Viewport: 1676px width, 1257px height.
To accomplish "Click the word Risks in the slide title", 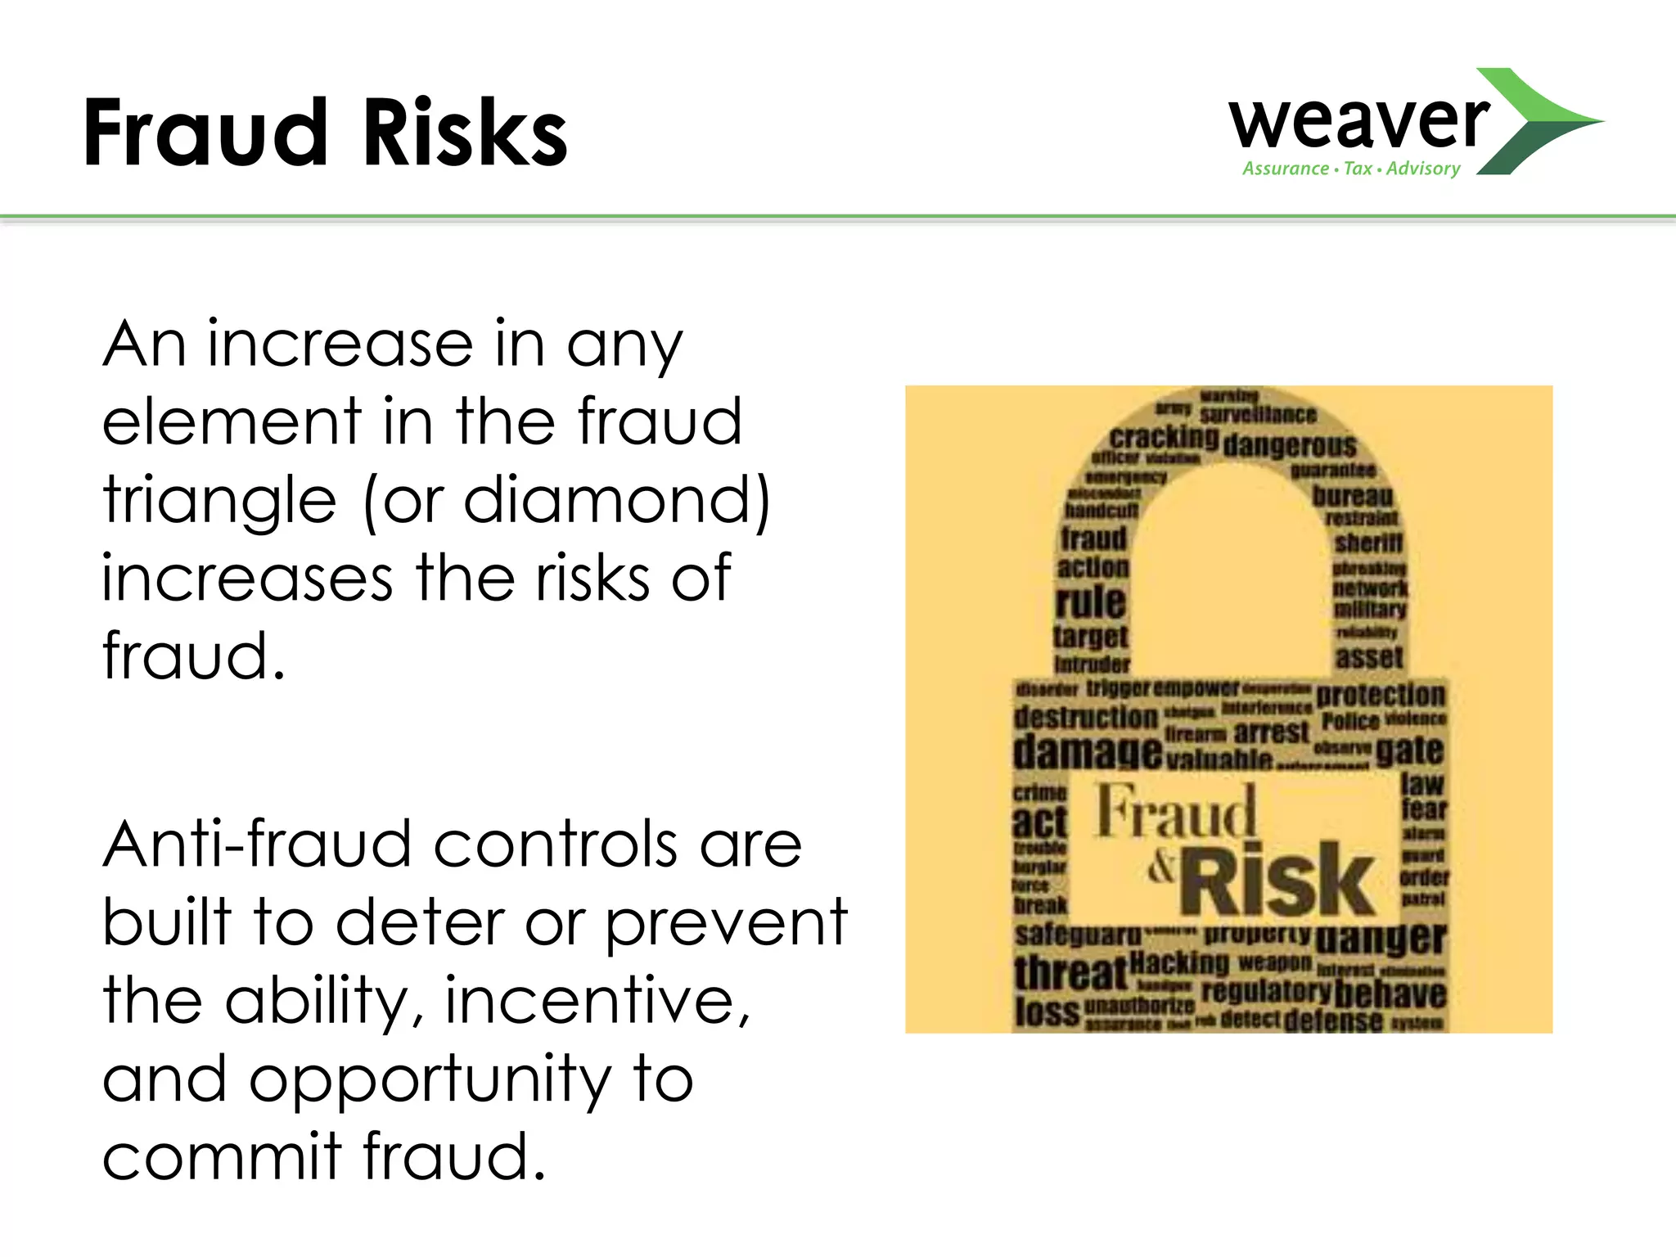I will click(464, 133).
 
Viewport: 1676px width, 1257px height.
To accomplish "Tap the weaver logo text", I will click(1358, 123).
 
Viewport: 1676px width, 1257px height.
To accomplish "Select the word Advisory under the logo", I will click(1423, 169).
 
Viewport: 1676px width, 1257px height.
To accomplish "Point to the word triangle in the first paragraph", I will click(219, 501).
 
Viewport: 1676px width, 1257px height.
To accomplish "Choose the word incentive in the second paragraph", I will click(596, 1002).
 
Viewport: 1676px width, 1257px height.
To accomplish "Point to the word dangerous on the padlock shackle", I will click(1290, 446).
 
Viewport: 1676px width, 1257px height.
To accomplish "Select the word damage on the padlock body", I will click(1087, 751).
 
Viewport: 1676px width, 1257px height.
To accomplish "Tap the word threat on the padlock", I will click(1070, 974).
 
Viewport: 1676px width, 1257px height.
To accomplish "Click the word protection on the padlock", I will click(1381, 695).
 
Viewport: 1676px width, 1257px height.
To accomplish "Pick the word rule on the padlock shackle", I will click(1091, 603).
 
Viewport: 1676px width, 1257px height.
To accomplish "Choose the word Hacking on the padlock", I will click(1179, 963).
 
